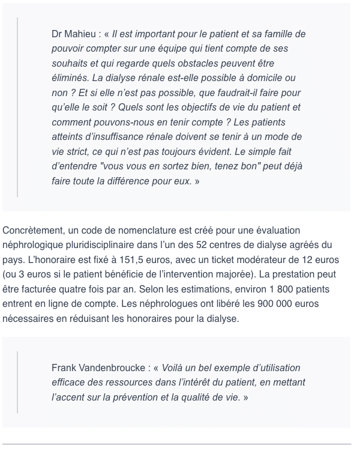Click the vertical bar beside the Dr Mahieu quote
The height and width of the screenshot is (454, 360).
pyautogui.click(x=17, y=107)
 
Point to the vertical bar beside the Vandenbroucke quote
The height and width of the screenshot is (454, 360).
pyautogui.click(x=17, y=383)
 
